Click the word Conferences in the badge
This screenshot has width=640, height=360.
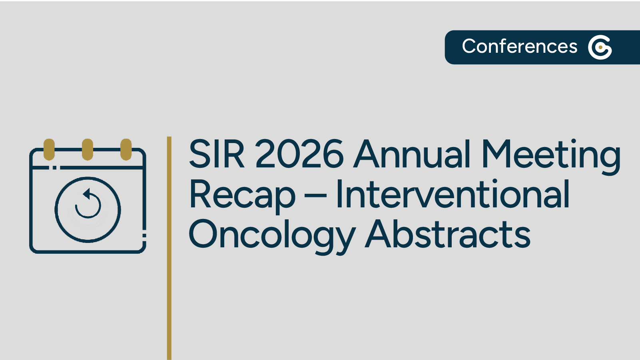(x=519, y=46)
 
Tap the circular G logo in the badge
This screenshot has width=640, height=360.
(x=600, y=47)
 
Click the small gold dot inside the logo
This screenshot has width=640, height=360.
(x=600, y=47)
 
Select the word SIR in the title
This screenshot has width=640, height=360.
(x=216, y=154)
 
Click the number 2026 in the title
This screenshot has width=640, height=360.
(x=299, y=154)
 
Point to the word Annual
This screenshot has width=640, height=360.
(x=412, y=154)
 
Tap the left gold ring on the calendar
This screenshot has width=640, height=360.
(x=49, y=149)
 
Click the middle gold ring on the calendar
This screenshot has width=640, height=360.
(x=88, y=149)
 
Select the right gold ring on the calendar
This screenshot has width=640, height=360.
(x=126, y=149)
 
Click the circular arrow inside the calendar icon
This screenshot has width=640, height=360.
(x=88, y=205)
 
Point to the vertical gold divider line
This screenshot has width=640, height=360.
(x=169, y=248)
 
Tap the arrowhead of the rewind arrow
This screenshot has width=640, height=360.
(x=86, y=194)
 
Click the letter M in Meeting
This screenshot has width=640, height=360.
(x=497, y=154)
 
